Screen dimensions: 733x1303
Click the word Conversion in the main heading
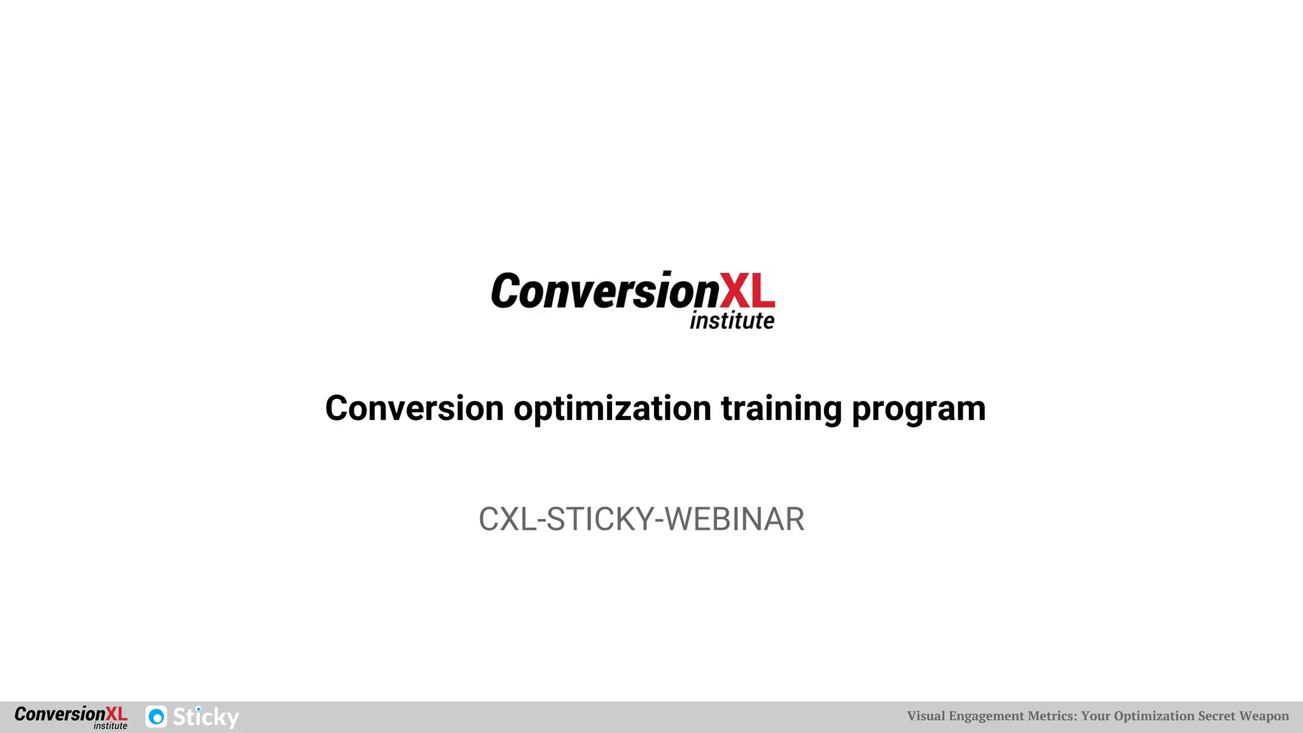414,408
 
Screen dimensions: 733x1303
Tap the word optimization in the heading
612,408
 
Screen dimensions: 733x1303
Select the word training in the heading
781,408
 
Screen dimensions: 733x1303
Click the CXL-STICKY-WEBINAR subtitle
641,519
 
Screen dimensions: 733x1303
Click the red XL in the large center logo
747,291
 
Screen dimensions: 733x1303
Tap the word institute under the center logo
732,321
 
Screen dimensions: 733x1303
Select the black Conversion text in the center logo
604,291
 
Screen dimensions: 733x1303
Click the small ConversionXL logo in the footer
71,716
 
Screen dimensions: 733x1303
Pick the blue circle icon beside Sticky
157,717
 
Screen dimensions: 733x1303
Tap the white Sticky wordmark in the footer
206,717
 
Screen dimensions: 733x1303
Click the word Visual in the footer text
926,716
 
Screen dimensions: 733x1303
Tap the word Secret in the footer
1216,716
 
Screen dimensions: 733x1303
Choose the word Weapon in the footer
1264,716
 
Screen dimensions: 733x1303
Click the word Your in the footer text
1096,716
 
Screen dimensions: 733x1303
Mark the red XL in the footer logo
116,714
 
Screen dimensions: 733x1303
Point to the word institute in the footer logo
110,726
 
